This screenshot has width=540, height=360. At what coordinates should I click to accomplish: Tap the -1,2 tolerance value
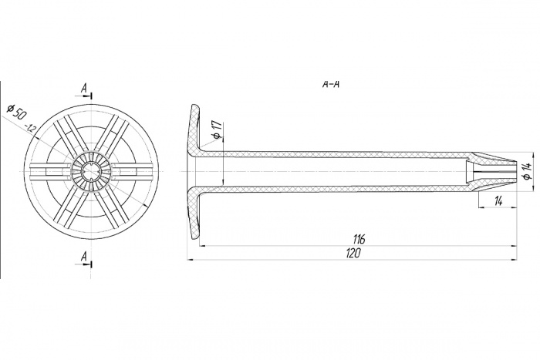(x=31, y=128)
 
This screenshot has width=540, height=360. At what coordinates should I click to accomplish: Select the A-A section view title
(x=331, y=85)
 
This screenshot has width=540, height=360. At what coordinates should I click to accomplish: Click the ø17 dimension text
(x=217, y=131)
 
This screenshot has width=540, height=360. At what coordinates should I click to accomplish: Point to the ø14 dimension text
(x=525, y=171)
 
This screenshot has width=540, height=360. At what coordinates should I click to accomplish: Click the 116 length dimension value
(x=359, y=239)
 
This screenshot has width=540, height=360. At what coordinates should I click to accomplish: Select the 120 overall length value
(x=353, y=254)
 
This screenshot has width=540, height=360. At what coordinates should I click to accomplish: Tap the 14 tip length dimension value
(x=498, y=201)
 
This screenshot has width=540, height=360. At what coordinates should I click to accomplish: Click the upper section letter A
(x=83, y=89)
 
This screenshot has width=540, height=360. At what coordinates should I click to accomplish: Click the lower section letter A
(x=83, y=256)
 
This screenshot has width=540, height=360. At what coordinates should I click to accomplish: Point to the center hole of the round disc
(x=92, y=171)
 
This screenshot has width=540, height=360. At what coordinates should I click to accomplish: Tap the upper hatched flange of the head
(x=195, y=129)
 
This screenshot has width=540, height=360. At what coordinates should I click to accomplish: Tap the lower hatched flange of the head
(x=195, y=213)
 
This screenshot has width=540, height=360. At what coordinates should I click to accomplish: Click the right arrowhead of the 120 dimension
(x=515, y=260)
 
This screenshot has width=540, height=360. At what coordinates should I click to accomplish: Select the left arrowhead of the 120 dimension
(x=191, y=260)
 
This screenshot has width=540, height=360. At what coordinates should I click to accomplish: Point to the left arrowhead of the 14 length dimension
(x=482, y=207)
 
